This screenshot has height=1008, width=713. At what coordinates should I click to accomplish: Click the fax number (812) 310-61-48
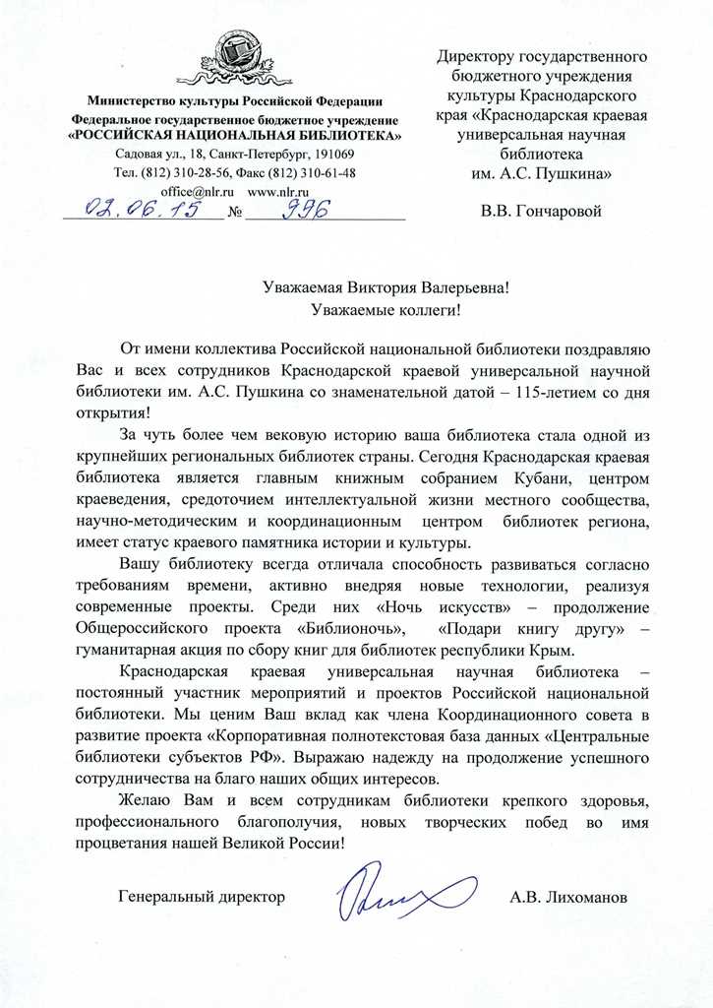tap(312, 173)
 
